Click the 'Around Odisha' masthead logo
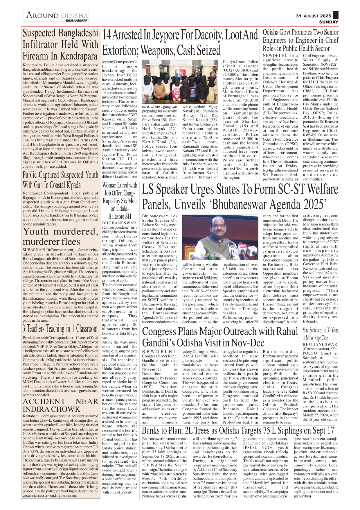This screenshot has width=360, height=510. click(x=57, y=15)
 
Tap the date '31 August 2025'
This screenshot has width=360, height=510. click(x=313, y=16)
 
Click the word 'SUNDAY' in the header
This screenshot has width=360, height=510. click(x=329, y=22)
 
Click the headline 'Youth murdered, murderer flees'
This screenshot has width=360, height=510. click(x=60, y=237)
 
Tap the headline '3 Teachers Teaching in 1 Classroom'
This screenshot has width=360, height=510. click(x=60, y=329)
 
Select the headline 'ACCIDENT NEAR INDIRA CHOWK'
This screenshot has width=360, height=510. click(x=60, y=405)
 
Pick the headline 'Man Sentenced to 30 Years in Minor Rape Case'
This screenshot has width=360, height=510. click(x=320, y=334)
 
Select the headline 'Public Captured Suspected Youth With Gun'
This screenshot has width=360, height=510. click(x=60, y=180)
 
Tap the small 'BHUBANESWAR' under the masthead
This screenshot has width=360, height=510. click(x=76, y=21)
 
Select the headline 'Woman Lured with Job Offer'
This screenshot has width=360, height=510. click(x=120, y=201)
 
